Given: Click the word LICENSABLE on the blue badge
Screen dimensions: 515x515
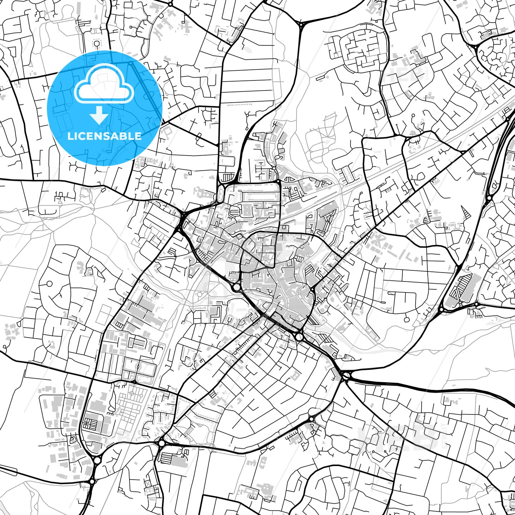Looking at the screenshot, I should [x=104, y=136].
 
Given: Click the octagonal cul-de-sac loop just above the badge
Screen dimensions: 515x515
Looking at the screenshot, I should [x=97, y=43].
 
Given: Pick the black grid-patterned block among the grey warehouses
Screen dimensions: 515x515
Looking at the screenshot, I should [x=89, y=424].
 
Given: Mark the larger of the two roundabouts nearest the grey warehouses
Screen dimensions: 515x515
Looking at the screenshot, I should [x=97, y=460].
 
